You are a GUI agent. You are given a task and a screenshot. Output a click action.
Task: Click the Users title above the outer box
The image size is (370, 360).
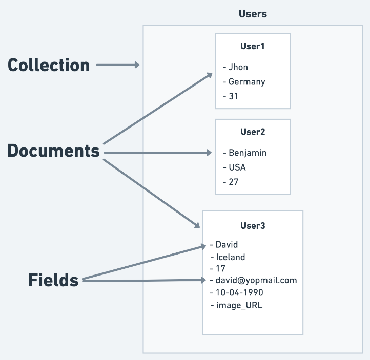click(253, 14)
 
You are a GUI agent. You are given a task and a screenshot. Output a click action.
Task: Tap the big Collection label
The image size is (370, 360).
click(49, 65)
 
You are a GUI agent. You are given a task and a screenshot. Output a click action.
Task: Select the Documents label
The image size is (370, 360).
click(54, 151)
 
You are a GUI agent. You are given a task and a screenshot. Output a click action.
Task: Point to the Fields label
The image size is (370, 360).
click(53, 280)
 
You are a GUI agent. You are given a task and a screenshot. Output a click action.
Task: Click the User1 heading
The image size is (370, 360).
click(253, 46)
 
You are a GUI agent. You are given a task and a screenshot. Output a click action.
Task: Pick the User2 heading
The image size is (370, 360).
click(253, 132)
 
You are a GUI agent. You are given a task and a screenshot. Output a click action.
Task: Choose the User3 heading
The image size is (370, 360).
click(253, 226)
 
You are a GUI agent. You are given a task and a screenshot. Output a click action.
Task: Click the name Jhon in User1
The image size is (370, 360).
click(238, 68)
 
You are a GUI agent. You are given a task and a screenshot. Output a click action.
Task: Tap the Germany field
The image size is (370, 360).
click(247, 82)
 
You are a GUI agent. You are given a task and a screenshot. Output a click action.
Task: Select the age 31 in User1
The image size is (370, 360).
click(233, 96)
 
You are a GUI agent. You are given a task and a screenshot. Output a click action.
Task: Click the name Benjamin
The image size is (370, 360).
click(248, 153)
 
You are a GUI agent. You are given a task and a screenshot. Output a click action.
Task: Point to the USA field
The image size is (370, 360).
click(237, 167)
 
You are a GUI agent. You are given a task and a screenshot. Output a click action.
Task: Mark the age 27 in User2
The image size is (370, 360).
click(233, 182)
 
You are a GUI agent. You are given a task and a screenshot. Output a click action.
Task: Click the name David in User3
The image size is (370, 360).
click(227, 245)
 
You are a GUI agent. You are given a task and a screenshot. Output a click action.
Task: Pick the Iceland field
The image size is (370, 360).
click(231, 257)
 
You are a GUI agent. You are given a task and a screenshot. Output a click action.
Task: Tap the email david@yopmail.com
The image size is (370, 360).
click(256, 281)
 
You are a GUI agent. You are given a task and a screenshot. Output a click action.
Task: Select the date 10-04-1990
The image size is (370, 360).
click(239, 293)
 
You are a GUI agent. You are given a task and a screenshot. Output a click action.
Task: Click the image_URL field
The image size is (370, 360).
click(239, 306)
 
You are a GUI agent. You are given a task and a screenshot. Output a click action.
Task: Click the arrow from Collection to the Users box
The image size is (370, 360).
click(118, 65)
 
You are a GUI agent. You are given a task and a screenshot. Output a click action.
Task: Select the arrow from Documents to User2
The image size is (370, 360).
click(157, 153)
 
